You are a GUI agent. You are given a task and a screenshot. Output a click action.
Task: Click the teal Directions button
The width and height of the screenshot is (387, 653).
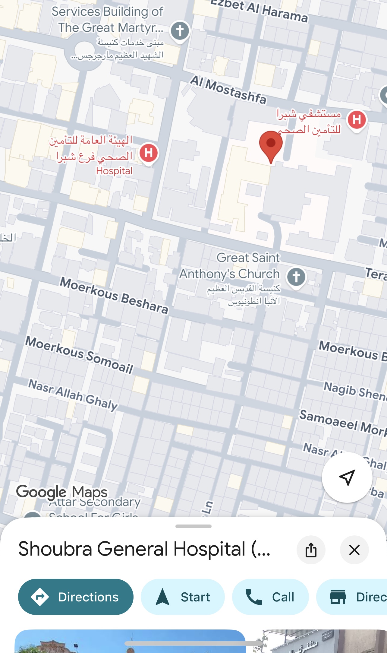pos(76,597)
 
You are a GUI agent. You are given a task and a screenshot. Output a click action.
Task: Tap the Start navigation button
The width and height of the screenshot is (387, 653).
pos(183,597)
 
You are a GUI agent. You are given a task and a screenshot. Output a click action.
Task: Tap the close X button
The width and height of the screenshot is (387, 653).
pos(354,550)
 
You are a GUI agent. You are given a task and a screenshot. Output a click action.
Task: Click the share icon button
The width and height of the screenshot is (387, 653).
pos(311,550)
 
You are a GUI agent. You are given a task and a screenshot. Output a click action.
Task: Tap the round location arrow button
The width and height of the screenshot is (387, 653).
pos(347,477)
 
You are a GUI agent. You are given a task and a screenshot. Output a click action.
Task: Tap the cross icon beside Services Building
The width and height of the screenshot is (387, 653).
pos(180,31)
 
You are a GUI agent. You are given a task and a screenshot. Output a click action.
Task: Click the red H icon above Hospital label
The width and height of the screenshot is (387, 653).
pos(149,153)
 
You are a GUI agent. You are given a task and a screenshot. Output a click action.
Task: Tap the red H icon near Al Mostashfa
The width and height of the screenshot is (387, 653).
pos(357,119)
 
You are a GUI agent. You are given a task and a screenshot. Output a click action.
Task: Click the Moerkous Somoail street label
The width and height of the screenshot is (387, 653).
pos(79,355)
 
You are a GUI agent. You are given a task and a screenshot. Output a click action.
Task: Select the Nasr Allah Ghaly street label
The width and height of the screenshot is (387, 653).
pos(73,395)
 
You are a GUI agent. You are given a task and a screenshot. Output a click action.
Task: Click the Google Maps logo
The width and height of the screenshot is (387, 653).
pos(62,492)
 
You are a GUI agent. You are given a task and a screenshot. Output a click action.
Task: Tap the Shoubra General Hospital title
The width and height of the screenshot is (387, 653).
pos(144,549)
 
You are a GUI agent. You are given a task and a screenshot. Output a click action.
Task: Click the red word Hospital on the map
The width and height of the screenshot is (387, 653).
pos(114,171)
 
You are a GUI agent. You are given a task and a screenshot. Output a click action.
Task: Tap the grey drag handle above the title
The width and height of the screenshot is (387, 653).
pos(193,526)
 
